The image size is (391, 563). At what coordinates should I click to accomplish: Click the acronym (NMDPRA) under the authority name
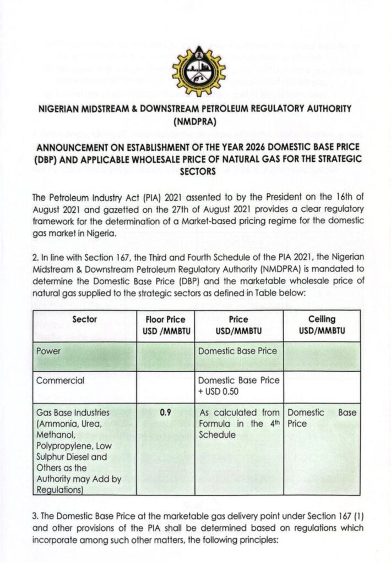click(x=195, y=121)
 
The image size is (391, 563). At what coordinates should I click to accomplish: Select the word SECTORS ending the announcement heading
click(x=195, y=171)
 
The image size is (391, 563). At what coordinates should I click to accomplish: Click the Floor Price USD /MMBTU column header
click(x=165, y=324)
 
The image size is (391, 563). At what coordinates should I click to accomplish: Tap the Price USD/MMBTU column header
click(x=238, y=324)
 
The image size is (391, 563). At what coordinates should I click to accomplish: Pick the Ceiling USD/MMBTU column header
click(x=322, y=324)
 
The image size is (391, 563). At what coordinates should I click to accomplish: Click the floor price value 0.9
click(x=165, y=412)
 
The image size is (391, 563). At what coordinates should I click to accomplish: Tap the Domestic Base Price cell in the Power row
click(x=238, y=350)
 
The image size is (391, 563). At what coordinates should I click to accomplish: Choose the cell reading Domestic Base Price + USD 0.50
click(x=238, y=385)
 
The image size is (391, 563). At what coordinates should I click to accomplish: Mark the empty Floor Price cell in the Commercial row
click(x=165, y=387)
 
